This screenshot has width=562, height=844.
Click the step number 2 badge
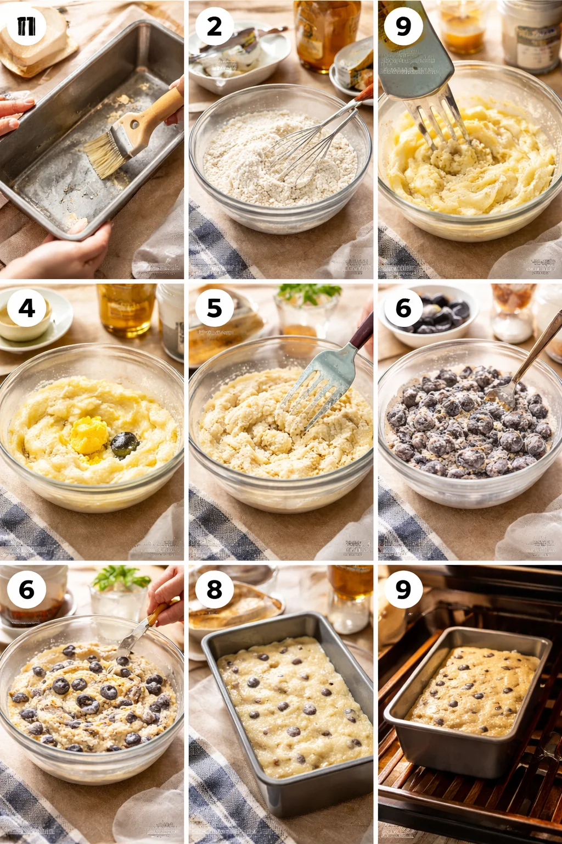pos(214,26)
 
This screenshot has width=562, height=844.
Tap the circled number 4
pos(26,308)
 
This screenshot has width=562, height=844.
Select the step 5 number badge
pos(214,308)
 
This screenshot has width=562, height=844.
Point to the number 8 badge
pos(214,590)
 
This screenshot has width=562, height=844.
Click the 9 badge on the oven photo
pos(403,590)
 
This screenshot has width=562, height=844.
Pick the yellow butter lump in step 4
pos(89,436)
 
